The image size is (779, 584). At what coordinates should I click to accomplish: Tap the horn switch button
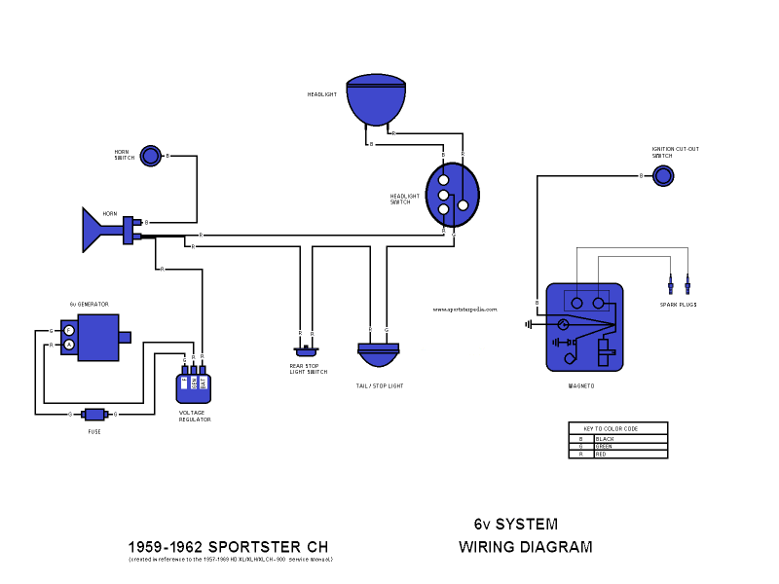(x=150, y=156)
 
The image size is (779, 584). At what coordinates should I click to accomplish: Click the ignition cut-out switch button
(x=662, y=175)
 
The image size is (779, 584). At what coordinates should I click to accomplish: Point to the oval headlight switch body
(x=453, y=195)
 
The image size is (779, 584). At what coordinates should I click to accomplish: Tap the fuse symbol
(x=93, y=414)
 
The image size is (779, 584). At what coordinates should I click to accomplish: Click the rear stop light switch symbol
(x=308, y=351)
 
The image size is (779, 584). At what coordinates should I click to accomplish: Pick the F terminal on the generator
(x=69, y=331)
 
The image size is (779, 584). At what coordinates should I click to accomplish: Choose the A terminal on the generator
(x=69, y=345)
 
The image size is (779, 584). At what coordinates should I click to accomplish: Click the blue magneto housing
(x=584, y=327)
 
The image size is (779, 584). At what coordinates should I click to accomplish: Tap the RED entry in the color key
(x=602, y=455)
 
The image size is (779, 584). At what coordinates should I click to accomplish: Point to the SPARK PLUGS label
(x=678, y=305)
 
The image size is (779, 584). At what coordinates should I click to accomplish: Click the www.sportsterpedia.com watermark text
(x=464, y=310)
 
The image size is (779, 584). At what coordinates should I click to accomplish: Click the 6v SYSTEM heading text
(x=515, y=524)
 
